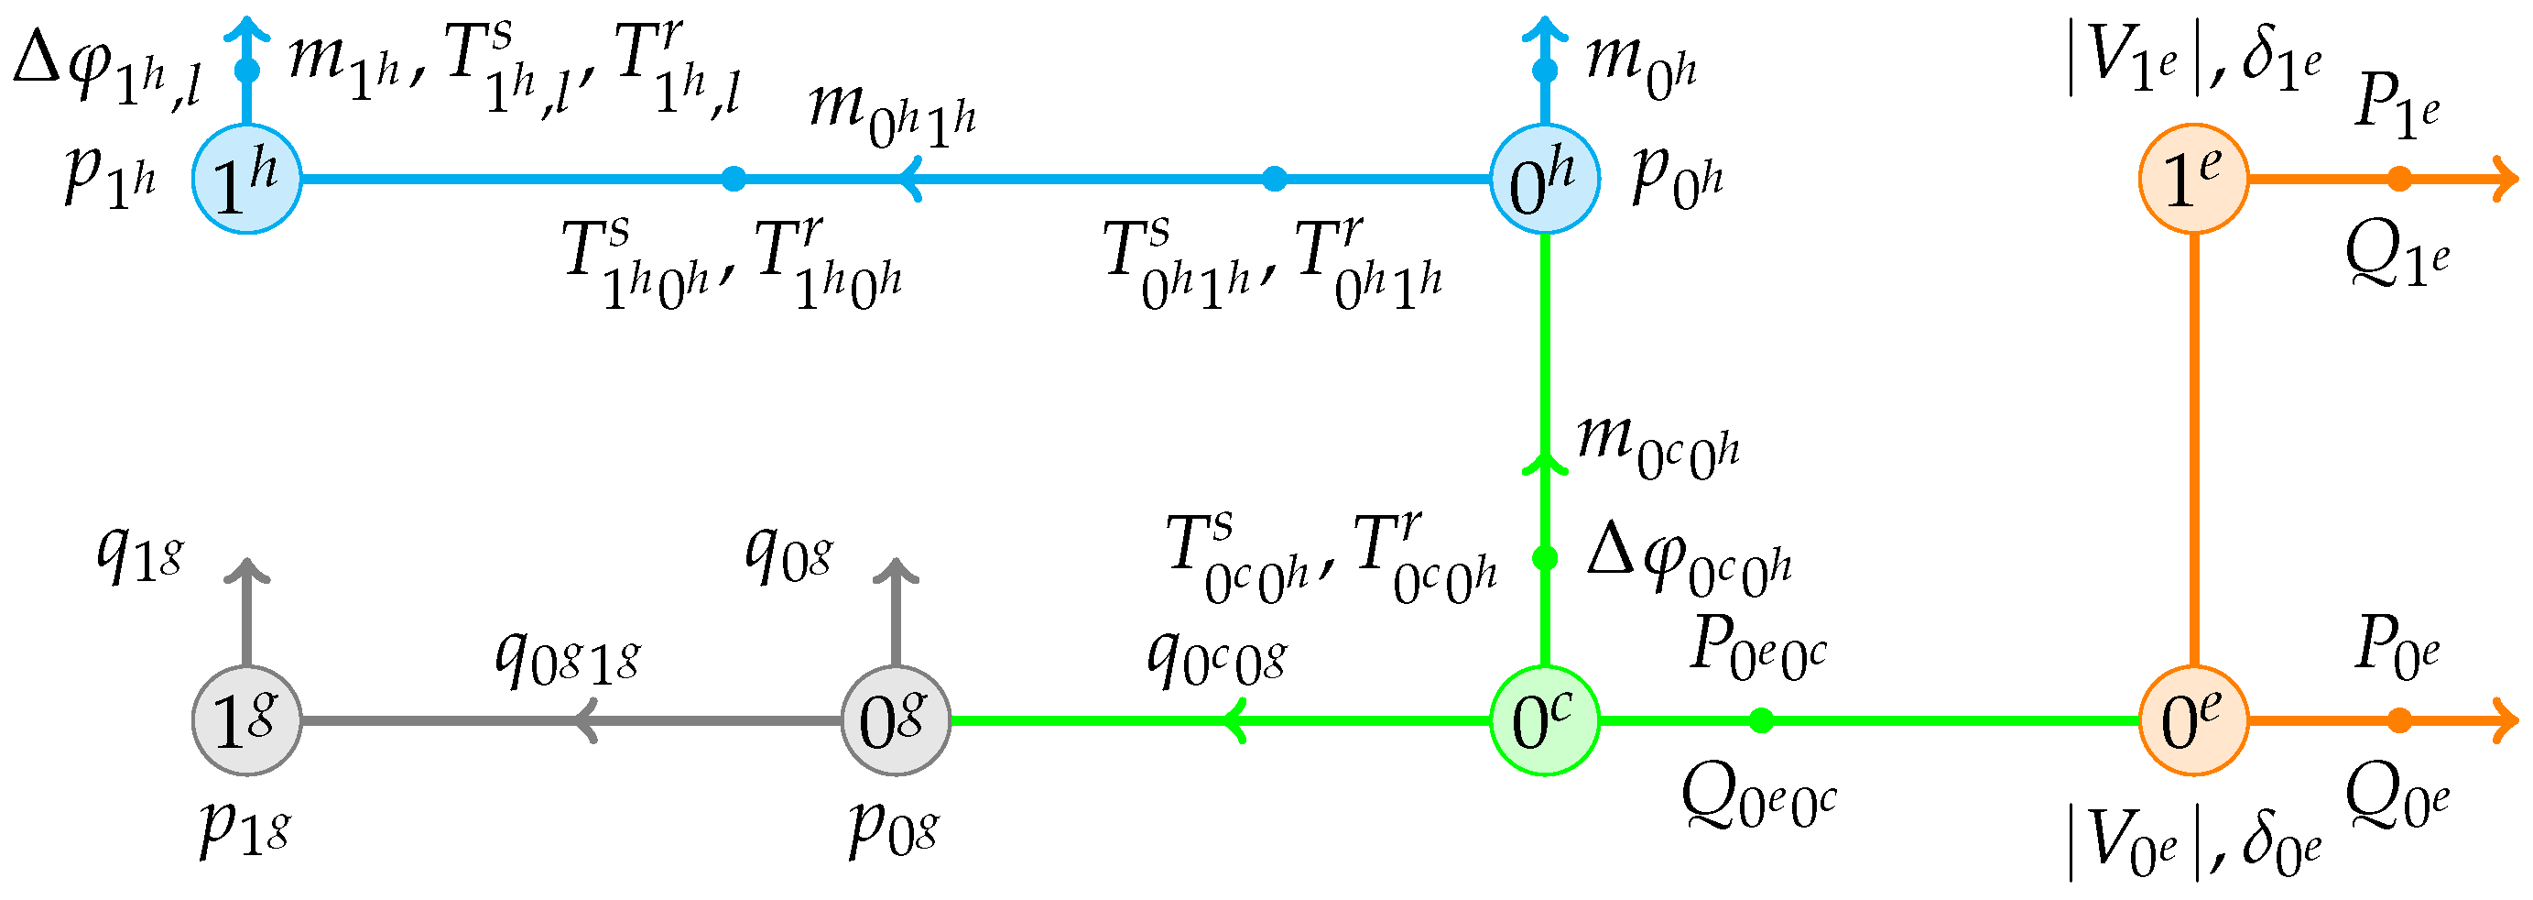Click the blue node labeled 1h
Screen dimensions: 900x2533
245,179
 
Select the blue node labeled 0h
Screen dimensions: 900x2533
1544,179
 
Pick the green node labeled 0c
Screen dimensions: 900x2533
1544,721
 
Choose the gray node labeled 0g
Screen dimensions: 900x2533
895,721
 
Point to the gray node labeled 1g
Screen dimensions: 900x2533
245,721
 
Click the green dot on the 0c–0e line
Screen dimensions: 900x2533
1761,721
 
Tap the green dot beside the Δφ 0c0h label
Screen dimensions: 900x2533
1545,559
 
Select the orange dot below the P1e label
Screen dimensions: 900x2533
2399,179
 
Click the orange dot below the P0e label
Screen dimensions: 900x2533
2399,721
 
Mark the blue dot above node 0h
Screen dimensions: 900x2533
1545,71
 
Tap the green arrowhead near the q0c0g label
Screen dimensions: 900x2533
1235,721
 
